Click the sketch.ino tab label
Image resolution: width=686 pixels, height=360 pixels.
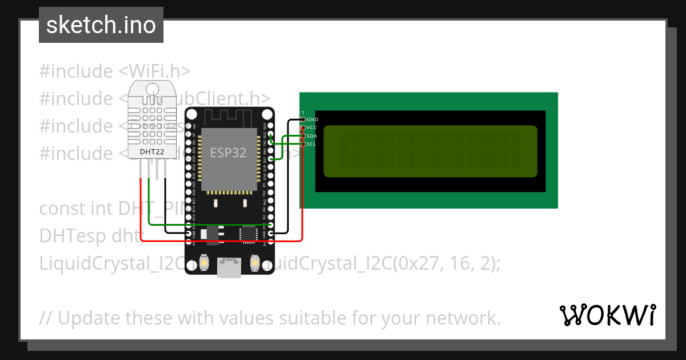[x=101, y=25]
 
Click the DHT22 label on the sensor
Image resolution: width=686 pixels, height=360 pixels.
[x=152, y=151]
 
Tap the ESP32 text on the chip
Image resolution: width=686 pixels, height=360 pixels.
[x=228, y=153]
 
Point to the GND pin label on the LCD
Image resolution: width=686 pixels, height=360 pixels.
[x=312, y=119]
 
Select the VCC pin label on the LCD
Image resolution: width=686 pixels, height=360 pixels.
[x=312, y=127]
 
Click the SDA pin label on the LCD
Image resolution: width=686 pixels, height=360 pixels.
[x=312, y=136]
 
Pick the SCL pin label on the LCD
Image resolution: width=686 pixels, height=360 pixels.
[x=311, y=144]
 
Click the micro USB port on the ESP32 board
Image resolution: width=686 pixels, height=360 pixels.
[x=229, y=267]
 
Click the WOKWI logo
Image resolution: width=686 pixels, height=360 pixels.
[x=607, y=315]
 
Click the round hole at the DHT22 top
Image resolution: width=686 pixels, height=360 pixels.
[x=153, y=89]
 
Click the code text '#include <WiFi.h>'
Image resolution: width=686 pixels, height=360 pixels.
[x=115, y=71]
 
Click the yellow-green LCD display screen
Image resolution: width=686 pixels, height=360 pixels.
[x=430, y=151]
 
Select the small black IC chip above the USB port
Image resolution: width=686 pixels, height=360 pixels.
[x=249, y=233]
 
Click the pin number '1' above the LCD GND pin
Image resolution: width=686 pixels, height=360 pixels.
[x=302, y=113]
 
